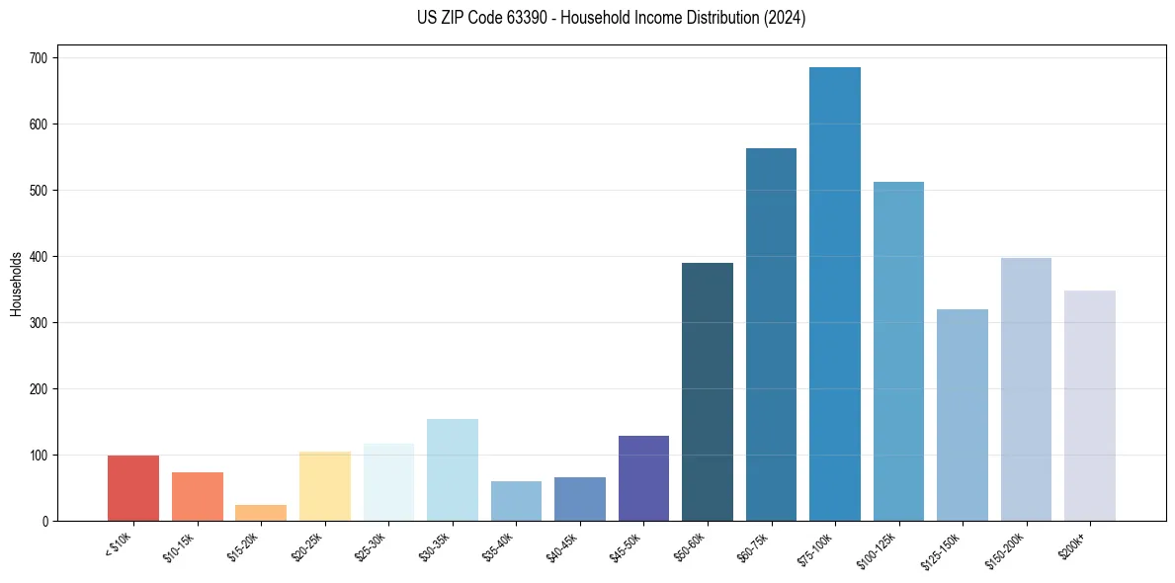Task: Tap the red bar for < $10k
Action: (133, 487)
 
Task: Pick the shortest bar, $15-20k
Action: (261, 513)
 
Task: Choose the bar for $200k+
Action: (1090, 405)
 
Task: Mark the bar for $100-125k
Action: (898, 351)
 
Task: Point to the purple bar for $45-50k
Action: (643, 478)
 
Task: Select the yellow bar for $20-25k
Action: (325, 486)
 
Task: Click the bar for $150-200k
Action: (1026, 389)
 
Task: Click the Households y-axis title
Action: (16, 284)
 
